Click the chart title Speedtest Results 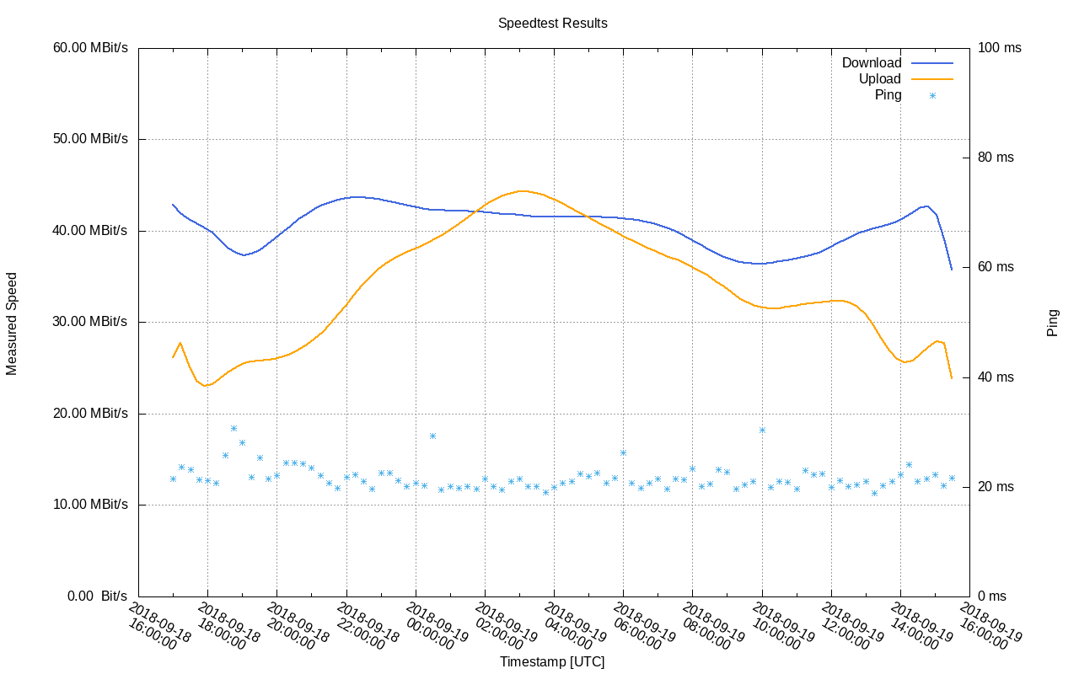click(552, 24)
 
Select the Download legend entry click(871, 63)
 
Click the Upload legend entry click(879, 79)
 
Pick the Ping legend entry click(888, 95)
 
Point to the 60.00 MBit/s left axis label click(90, 48)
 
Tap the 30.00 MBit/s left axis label click(90, 322)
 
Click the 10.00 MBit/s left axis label click(90, 505)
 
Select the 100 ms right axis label click(1000, 48)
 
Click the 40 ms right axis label click(996, 377)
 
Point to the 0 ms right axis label click(993, 596)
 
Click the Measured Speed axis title click(13, 323)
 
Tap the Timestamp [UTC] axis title click(552, 662)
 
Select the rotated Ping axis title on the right click(1053, 323)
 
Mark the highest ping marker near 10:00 click(762, 430)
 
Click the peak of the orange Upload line click(523, 191)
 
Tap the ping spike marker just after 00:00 click(432, 436)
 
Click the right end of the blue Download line click(952, 270)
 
